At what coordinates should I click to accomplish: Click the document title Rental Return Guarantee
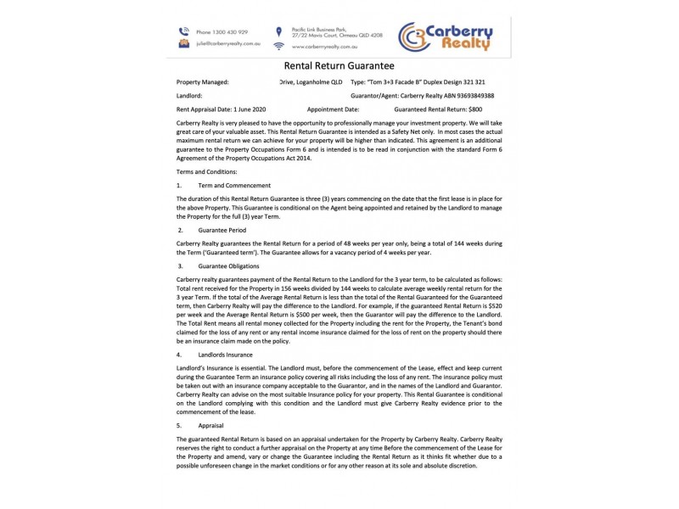click(339, 65)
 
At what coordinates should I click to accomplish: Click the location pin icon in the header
click(278, 32)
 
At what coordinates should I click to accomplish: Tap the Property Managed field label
click(202, 82)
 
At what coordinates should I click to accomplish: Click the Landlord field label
click(189, 96)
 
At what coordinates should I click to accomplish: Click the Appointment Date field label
click(333, 109)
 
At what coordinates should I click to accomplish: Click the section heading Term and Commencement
click(234, 185)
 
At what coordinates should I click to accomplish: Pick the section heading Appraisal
click(212, 424)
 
